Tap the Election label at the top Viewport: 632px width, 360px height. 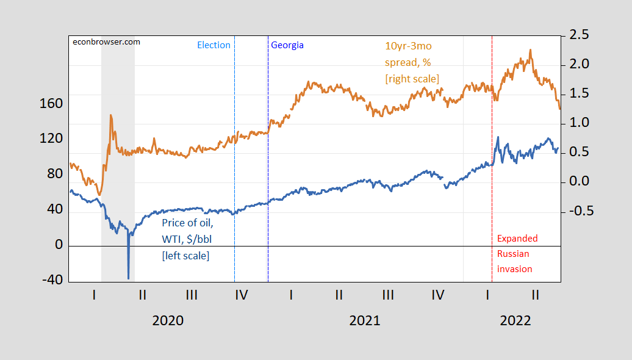pos(214,45)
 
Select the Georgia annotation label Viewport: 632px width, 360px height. pos(287,45)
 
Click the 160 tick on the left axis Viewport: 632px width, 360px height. pos(51,104)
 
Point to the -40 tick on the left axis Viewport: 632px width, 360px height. pos(51,280)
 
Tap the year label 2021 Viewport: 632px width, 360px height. pos(364,320)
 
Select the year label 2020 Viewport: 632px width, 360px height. pos(168,320)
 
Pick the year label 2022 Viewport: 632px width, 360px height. pos(515,320)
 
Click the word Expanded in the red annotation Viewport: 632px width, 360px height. pos(517,239)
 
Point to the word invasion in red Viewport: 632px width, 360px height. pos(515,269)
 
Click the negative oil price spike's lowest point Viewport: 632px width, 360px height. pos(129,278)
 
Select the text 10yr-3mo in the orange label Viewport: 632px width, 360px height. pos(408,46)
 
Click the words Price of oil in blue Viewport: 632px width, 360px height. pos(187,223)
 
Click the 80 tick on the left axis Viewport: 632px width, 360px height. pos(56,174)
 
